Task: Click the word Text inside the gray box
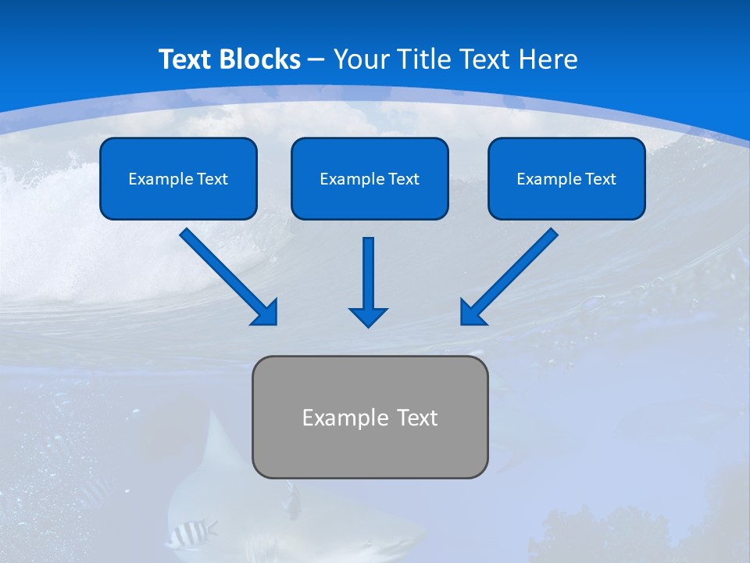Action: click(417, 418)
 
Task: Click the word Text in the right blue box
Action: click(601, 179)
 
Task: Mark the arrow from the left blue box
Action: click(227, 274)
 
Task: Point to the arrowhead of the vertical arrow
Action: click(368, 317)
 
